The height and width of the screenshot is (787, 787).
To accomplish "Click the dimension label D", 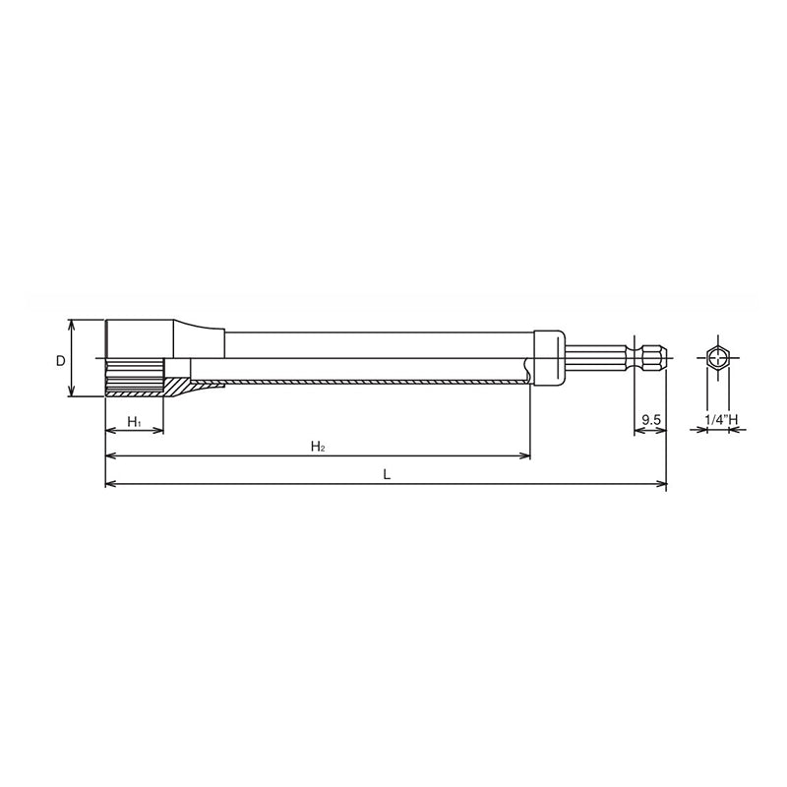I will point(60,361).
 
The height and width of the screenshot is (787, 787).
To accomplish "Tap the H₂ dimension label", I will point(318,447).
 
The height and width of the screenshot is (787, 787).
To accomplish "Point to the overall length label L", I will point(387,473).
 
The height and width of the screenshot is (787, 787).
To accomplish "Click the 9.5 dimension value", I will point(649,420).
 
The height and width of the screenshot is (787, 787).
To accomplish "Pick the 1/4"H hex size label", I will point(721,420).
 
